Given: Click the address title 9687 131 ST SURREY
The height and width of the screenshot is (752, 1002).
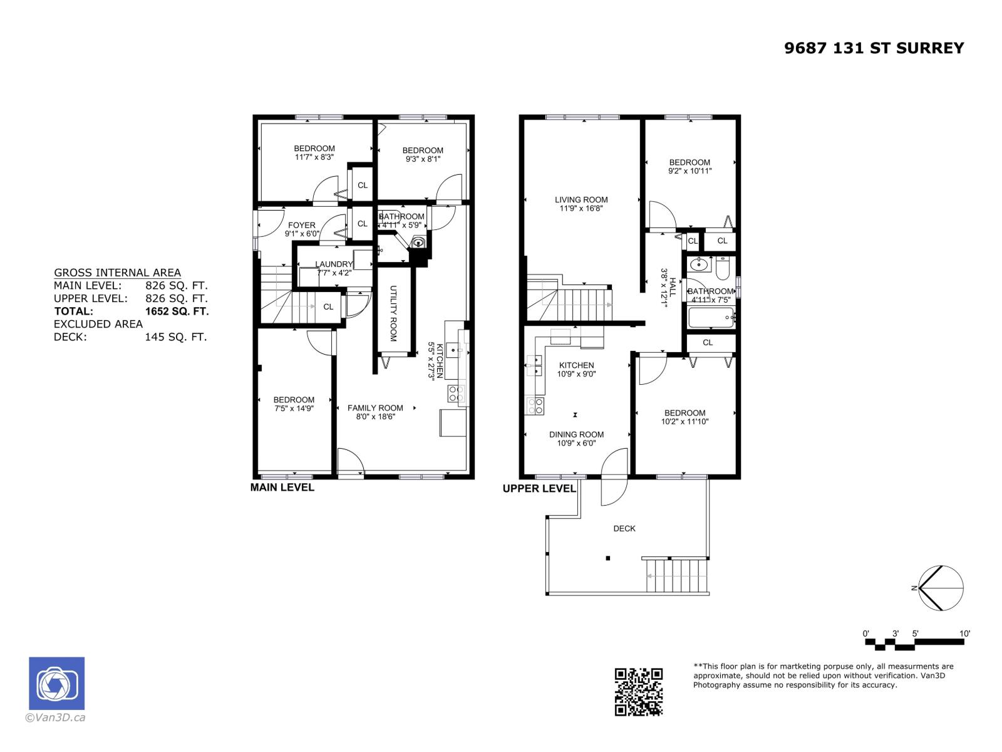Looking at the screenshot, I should (x=874, y=48).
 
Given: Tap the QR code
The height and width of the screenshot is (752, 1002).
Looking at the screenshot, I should (x=638, y=692).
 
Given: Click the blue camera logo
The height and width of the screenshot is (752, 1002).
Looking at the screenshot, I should (x=56, y=683).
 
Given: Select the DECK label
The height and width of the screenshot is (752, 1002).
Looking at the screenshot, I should (x=624, y=528).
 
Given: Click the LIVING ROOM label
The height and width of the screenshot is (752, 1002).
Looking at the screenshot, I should (x=581, y=200).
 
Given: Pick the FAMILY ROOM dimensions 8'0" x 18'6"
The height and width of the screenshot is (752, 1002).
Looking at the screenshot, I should (x=375, y=417).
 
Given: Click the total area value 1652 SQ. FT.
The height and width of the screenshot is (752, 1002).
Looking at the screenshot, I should (x=177, y=311).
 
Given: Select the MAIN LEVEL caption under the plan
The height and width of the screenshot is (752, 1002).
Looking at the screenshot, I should (x=282, y=487).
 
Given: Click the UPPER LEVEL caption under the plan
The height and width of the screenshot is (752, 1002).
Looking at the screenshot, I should (x=539, y=488).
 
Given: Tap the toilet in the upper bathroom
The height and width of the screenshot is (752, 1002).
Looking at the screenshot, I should (x=722, y=269).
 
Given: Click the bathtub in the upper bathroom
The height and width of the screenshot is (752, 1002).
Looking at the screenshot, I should (x=710, y=318).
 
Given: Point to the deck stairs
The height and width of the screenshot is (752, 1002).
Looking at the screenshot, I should (x=678, y=575).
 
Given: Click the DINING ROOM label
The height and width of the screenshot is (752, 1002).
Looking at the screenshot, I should (x=576, y=434).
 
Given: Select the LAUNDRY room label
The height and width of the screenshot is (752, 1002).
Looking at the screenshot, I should (x=334, y=264).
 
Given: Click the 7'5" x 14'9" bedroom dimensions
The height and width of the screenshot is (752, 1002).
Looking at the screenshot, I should (x=294, y=409).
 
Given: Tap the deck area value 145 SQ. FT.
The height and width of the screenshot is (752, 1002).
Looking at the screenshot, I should (x=175, y=337).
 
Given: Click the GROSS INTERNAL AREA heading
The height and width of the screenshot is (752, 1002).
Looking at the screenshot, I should (x=117, y=273).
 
